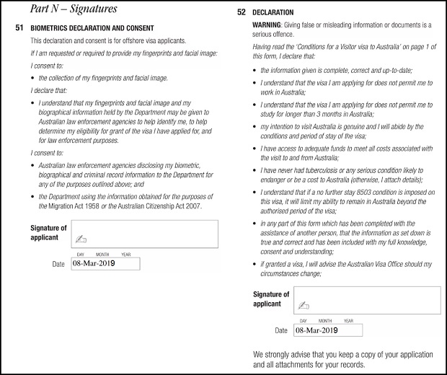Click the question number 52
240,13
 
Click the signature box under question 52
368,300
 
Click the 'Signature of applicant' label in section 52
271,299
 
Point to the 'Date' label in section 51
58,265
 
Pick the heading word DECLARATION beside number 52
273,13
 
